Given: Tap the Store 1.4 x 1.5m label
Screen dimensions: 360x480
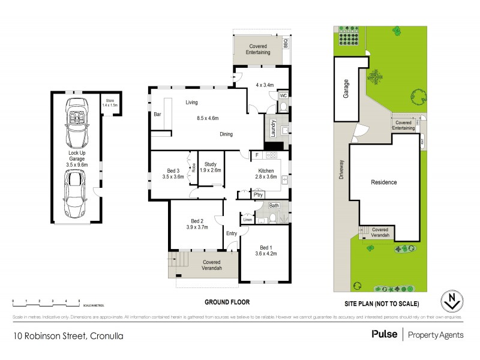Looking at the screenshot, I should coord(110,103).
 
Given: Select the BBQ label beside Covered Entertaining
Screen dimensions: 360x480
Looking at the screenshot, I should coord(286,44).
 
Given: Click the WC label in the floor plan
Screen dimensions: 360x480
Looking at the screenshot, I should coord(283,95).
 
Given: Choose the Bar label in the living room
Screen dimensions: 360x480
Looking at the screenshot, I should coord(158,113).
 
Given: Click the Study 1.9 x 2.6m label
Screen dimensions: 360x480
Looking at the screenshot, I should coord(211,167).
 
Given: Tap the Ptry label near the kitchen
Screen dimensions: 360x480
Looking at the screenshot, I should coord(259,194).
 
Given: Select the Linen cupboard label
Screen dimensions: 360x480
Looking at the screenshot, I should coord(247,219).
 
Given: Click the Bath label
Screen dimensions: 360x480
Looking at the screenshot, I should coord(274,206).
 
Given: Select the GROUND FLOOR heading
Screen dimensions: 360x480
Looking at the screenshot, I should coord(229,302).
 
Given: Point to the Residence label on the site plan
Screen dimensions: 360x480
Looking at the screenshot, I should coord(383,182).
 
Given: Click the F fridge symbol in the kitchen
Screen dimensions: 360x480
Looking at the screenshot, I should coord(257,155).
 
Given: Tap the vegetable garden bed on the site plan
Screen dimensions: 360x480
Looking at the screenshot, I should coord(348,38).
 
